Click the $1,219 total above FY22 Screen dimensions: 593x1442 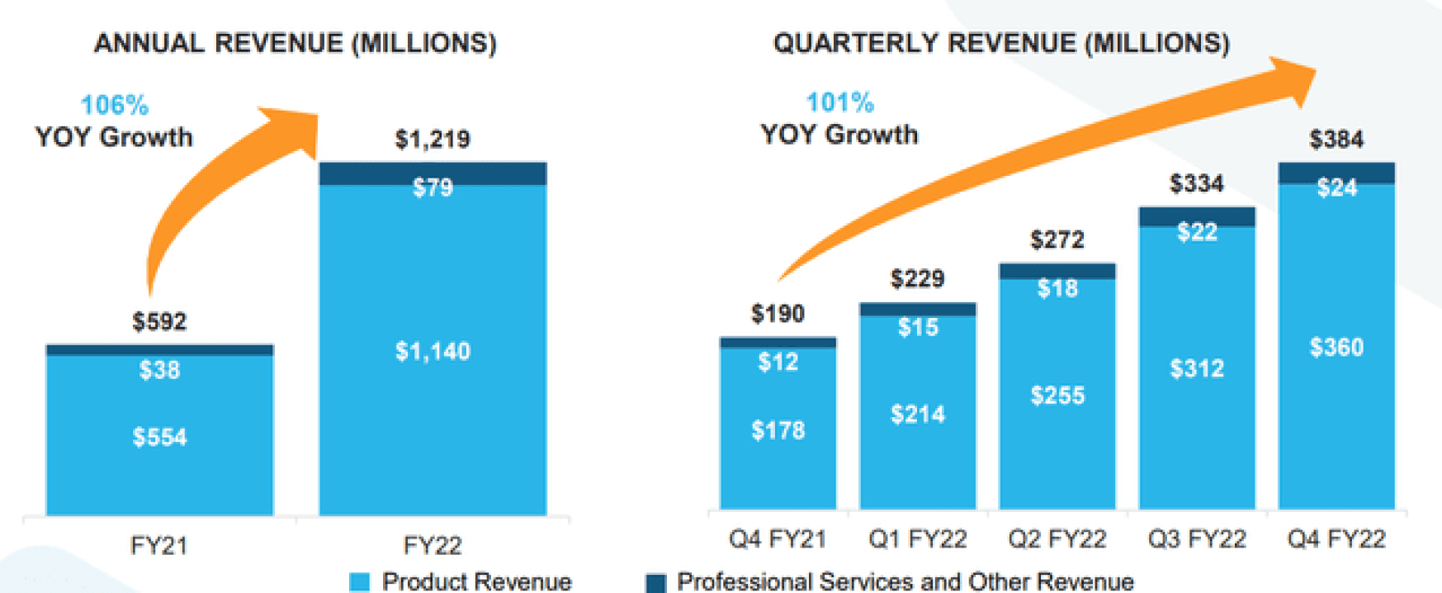[x=433, y=139]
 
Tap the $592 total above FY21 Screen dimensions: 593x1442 [x=159, y=321]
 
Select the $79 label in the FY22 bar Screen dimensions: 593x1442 [x=433, y=187]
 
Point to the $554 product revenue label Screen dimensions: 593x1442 [x=159, y=436]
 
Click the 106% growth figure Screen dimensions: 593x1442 [x=114, y=105]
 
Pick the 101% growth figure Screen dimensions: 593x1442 [x=839, y=102]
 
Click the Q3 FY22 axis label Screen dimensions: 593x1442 [x=1197, y=539]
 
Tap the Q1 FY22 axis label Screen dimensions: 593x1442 [x=917, y=539]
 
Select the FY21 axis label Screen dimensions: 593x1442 [x=159, y=545]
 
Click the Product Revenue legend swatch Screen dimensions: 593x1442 [x=359, y=582]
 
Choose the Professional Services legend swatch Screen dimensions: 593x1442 [x=655, y=582]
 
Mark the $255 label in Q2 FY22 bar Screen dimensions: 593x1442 [x=1057, y=396]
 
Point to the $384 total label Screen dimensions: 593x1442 [x=1336, y=139]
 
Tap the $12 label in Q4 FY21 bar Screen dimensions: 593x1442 [x=778, y=362]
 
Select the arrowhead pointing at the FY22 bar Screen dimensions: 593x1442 [x=295, y=130]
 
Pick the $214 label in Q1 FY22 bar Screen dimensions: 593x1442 [x=917, y=414]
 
